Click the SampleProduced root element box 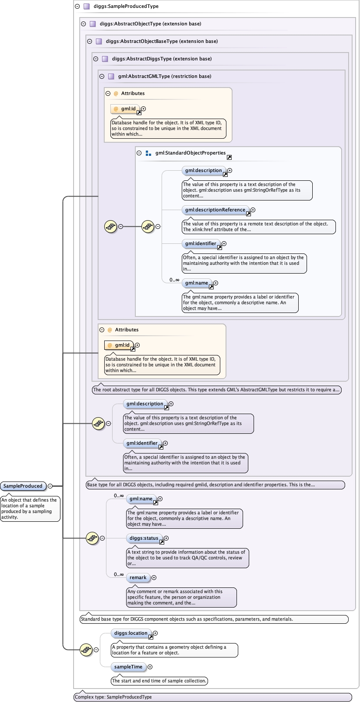pyautogui.click(x=23, y=486)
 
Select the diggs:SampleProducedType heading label pyautogui.click(x=126, y=7)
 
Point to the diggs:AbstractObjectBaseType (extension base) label pyautogui.click(x=162, y=41)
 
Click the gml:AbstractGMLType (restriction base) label pyautogui.click(x=165, y=76)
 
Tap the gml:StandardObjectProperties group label pyautogui.click(x=190, y=153)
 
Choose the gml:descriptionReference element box pyautogui.click(x=215, y=210)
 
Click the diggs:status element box pyautogui.click(x=144, y=538)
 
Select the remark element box pyautogui.click(x=138, y=577)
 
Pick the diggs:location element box pyautogui.click(x=131, y=633)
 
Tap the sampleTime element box pyautogui.click(x=128, y=667)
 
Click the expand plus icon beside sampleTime pyautogui.click(x=150, y=667)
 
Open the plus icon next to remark pyautogui.click(x=154, y=577)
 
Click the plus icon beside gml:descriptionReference pyautogui.click(x=253, y=210)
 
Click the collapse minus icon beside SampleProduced pyautogui.click(x=50, y=486)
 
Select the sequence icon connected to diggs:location pyautogui.click(x=86, y=650)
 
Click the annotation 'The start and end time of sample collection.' pyautogui.click(x=159, y=681)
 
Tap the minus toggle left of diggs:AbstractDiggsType pyautogui.click(x=96, y=59)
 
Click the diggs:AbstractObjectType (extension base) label pyautogui.click(x=150, y=24)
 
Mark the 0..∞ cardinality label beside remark pyautogui.click(x=119, y=574)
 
